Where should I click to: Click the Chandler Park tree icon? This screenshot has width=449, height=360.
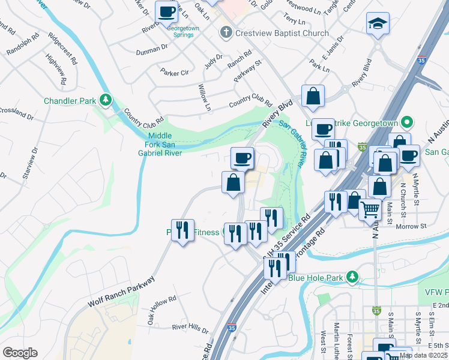coord(106,100)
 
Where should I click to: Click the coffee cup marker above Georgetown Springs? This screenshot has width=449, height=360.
coord(166,11)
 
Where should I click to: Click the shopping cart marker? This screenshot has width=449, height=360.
coord(370,209)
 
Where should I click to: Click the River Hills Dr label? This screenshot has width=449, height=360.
coord(190,329)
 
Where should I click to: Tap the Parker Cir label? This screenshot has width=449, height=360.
coord(175,72)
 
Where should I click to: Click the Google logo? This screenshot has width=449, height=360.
coord(20,353)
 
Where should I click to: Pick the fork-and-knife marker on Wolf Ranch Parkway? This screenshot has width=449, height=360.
coord(182,230)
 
